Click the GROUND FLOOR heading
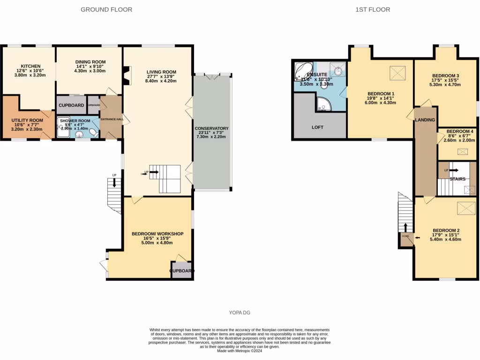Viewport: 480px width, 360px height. tap(106, 9)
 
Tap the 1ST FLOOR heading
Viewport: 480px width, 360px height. tap(373, 9)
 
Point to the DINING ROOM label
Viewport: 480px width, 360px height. tap(90, 62)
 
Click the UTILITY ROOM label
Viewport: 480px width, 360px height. tap(27, 120)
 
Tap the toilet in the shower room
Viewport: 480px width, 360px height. tap(94, 133)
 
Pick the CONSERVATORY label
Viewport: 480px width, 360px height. tap(211, 128)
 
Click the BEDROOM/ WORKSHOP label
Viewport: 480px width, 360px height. tap(157, 234)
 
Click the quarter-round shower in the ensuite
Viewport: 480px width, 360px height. tap(323, 104)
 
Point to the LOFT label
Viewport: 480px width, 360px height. tap(317, 127)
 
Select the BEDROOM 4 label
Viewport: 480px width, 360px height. tap(459, 132)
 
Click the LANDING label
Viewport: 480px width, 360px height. tap(425, 120)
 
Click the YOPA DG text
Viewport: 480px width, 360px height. tap(240, 313)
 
